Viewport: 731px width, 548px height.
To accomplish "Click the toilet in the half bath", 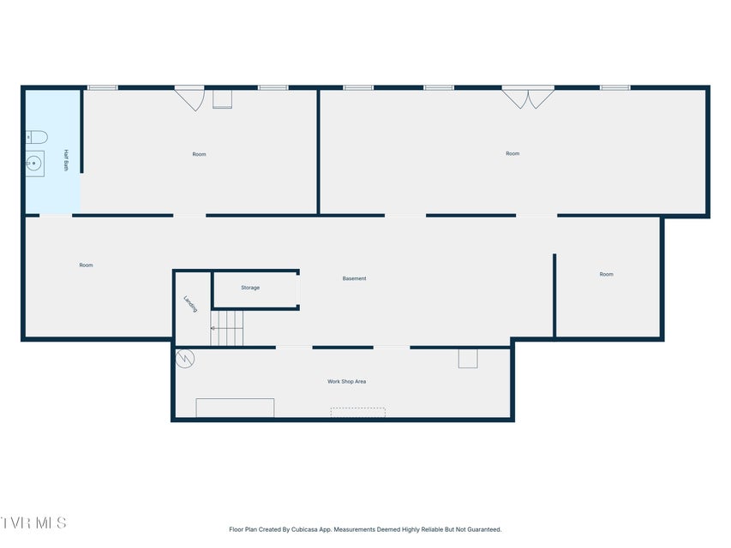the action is click(x=36, y=137).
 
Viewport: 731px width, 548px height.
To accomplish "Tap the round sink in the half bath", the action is click(x=34, y=164).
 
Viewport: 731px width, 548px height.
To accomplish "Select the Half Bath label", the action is click(x=66, y=160).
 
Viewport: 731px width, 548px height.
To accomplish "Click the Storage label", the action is click(x=250, y=288).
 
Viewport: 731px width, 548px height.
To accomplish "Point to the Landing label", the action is click(x=190, y=304).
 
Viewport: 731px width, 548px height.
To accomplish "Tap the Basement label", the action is click(x=354, y=278).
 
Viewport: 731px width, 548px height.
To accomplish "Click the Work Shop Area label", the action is click(x=346, y=381).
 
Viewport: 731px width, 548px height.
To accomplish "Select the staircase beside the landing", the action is click(x=227, y=328).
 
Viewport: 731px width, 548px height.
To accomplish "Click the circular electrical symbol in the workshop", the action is click(x=185, y=359).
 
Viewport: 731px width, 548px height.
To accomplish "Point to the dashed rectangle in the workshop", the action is click(x=358, y=413).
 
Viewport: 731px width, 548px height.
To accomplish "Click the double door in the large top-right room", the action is click(x=528, y=98).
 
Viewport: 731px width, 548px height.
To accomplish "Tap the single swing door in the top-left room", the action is click(x=189, y=98).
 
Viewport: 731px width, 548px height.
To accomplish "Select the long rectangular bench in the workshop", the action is click(x=235, y=408).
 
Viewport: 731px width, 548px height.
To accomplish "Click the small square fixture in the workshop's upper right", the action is click(x=468, y=359).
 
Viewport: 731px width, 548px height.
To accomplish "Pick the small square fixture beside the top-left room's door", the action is click(x=222, y=99).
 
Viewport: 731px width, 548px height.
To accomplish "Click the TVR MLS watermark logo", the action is click(x=33, y=523).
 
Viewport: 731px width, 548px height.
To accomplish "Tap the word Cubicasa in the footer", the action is click(x=304, y=529).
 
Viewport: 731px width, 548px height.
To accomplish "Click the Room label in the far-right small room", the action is click(x=607, y=274).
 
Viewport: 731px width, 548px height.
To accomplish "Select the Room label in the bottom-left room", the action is click(x=87, y=265).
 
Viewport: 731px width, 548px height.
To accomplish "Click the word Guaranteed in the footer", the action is click(x=485, y=529).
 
